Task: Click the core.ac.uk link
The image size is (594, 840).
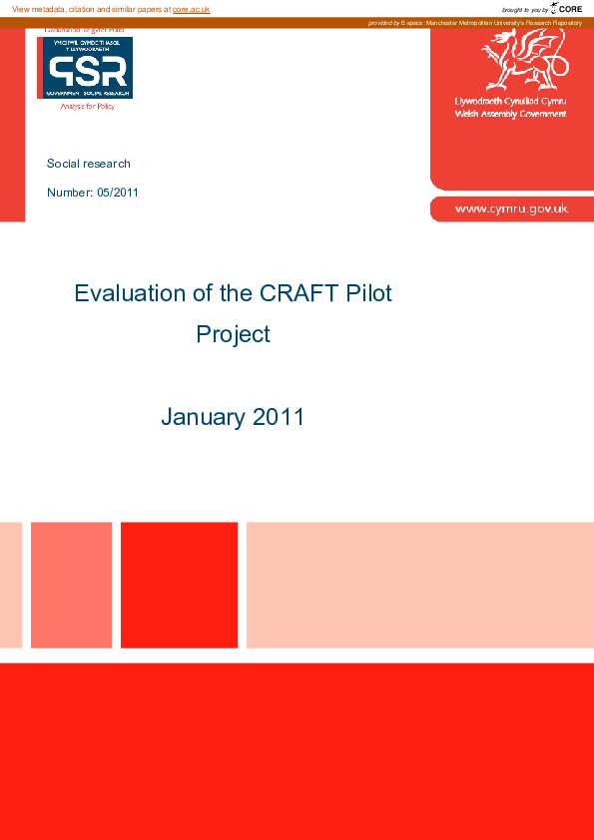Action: [192, 9]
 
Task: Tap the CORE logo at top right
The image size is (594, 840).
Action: [566, 8]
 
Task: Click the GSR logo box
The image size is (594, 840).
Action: [85, 68]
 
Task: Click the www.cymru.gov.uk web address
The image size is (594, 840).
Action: [511, 209]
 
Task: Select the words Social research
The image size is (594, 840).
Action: [89, 164]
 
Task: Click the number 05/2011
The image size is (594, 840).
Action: [118, 192]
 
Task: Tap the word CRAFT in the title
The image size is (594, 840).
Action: [288, 293]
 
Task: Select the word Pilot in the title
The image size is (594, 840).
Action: [368, 293]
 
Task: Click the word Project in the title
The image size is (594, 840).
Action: [233, 334]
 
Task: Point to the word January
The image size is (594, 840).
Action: [203, 417]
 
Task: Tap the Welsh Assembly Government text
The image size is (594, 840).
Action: [510, 114]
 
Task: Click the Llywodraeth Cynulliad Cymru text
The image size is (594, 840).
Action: [510, 103]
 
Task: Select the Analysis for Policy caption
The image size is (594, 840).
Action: [88, 106]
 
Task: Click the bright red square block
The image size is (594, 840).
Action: [179, 585]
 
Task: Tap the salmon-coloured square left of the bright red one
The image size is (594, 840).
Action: [71, 585]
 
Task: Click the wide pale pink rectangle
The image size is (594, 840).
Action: [419, 585]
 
